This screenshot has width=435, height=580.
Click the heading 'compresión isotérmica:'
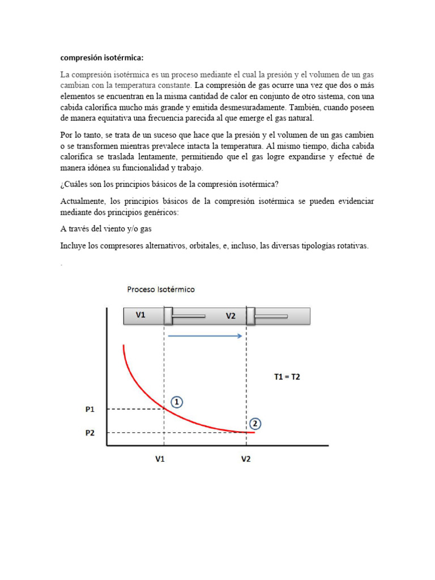click(x=102, y=58)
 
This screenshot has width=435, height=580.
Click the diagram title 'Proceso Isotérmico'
click(x=161, y=289)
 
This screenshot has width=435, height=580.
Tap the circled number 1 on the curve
click(x=177, y=402)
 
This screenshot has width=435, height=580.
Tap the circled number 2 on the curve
click(x=255, y=423)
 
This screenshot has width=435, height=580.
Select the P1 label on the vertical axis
click(x=90, y=409)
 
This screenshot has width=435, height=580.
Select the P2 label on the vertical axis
click(x=90, y=433)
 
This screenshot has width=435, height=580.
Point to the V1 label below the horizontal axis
click(x=160, y=459)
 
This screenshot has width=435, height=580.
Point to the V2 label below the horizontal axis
click(x=245, y=459)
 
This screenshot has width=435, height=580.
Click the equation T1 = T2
click(x=287, y=377)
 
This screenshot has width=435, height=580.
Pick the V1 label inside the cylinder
click(x=140, y=315)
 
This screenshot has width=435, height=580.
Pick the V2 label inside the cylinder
click(x=231, y=316)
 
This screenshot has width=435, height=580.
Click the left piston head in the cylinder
click(x=168, y=315)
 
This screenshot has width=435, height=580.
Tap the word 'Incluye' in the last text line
click(x=74, y=246)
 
